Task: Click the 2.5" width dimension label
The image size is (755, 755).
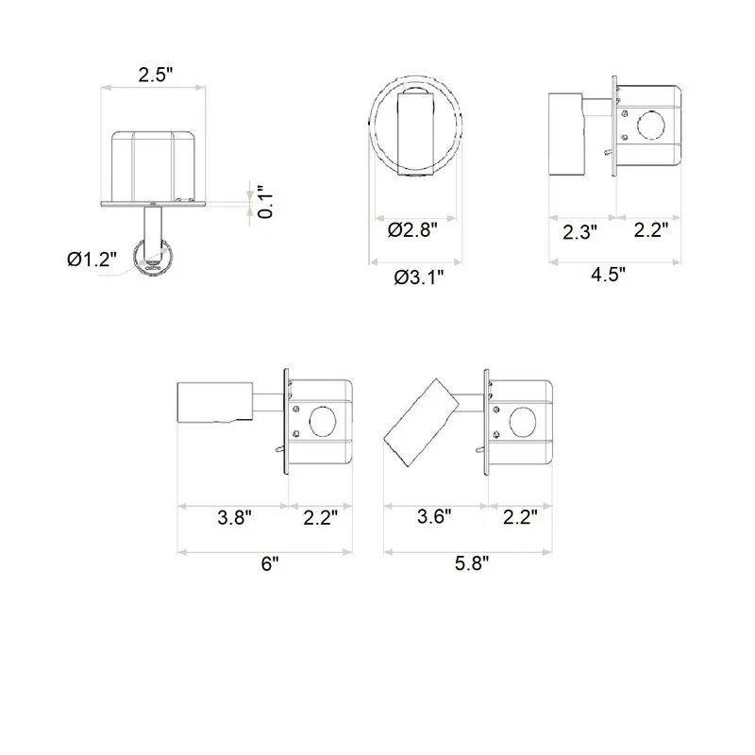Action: [x=155, y=75]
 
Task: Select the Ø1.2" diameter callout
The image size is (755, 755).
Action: [x=92, y=260]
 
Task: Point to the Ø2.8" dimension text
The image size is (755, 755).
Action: [x=412, y=230]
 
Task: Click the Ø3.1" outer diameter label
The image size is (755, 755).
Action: [x=418, y=277]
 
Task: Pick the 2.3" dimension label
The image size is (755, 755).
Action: [x=579, y=232]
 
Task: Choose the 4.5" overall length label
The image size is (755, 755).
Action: [x=608, y=275]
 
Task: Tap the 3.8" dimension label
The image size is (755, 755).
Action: [x=234, y=517]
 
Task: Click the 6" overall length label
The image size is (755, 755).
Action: [x=270, y=563]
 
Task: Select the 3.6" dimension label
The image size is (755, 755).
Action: [x=434, y=516]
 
